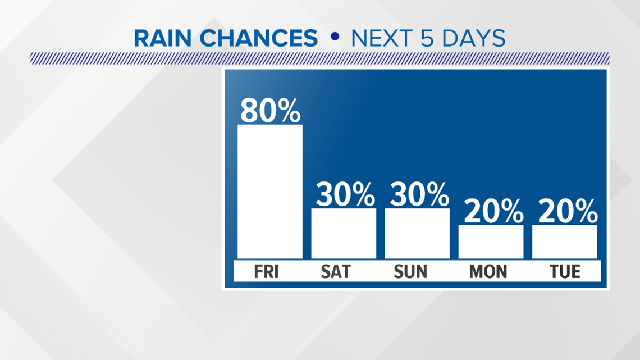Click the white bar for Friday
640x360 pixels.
(270, 192)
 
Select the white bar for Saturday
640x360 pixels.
(344, 234)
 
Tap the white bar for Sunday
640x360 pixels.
(417, 234)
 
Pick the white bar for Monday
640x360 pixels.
(491, 241)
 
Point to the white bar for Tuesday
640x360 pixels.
(564, 241)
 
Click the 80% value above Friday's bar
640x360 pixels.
(270, 111)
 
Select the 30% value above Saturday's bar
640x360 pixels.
(345, 194)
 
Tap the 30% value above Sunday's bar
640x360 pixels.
(419, 194)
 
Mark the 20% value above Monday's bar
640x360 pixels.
(493, 211)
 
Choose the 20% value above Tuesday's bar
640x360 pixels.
(568, 211)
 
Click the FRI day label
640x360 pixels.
(266, 271)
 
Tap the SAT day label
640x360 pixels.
(336, 271)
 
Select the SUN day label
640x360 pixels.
(410, 271)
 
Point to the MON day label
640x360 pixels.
(488, 271)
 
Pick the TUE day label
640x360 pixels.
(565, 271)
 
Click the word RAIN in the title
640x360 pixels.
(162, 38)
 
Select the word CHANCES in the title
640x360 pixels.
(258, 38)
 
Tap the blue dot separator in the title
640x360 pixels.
(335, 37)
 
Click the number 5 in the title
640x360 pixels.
(427, 38)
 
